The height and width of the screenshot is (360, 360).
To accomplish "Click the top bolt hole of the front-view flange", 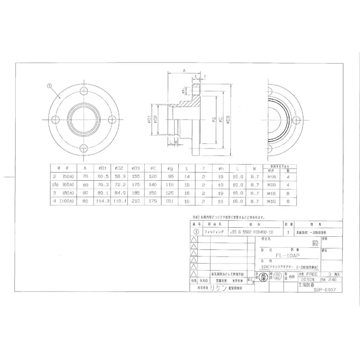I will [82, 91].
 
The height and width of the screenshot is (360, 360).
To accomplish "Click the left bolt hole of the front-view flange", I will [54, 119].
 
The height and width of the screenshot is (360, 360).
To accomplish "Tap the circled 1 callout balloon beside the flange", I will [49, 86].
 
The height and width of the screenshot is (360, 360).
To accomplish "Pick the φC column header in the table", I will [152, 168].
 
